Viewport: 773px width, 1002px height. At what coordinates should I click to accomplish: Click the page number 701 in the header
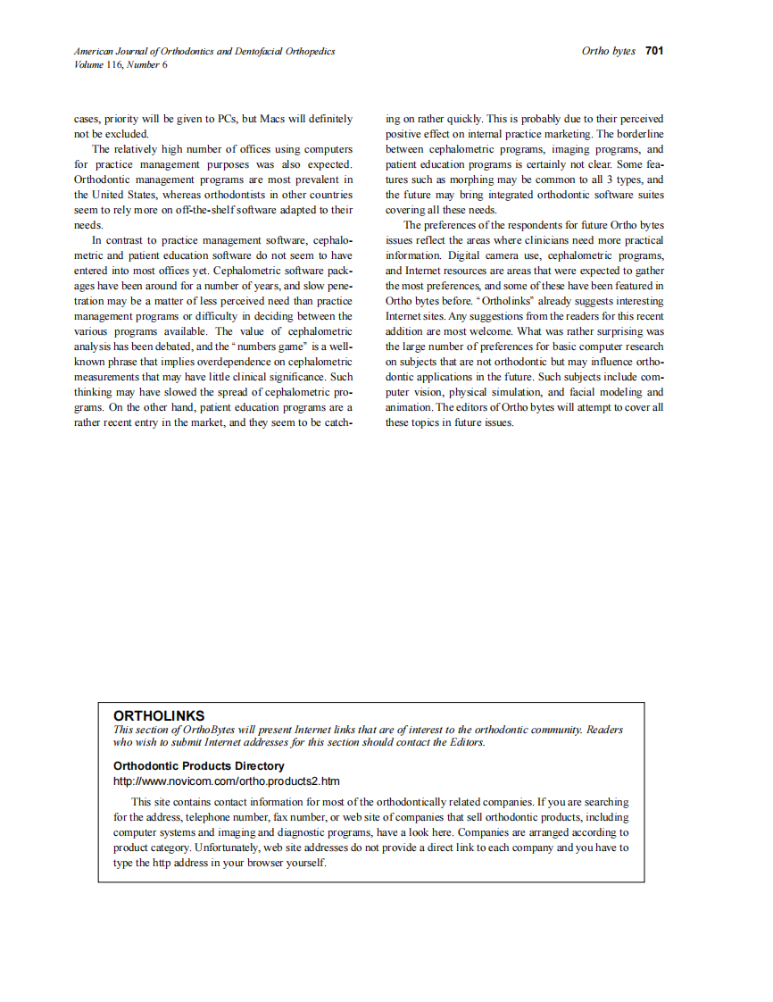654,51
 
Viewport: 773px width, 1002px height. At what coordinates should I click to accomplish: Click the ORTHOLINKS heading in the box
159,715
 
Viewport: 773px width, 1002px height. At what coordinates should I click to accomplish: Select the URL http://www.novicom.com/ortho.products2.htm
226,781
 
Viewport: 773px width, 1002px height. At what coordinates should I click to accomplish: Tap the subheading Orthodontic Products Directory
199,766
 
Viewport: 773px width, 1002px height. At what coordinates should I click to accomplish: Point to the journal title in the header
204,51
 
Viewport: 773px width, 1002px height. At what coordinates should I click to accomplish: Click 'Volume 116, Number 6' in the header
121,64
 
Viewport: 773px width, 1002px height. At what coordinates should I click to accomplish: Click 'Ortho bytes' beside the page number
609,51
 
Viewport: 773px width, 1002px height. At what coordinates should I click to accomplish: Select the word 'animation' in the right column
408,407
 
